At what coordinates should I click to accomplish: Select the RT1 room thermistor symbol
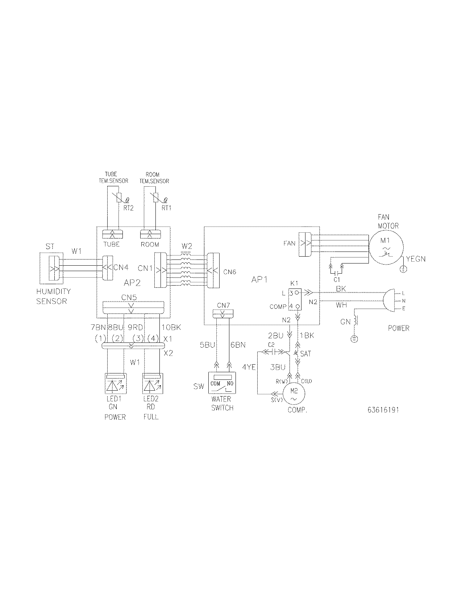click(x=156, y=198)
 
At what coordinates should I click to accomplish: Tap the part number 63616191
click(x=383, y=410)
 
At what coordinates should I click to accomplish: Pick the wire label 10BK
click(x=171, y=327)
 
